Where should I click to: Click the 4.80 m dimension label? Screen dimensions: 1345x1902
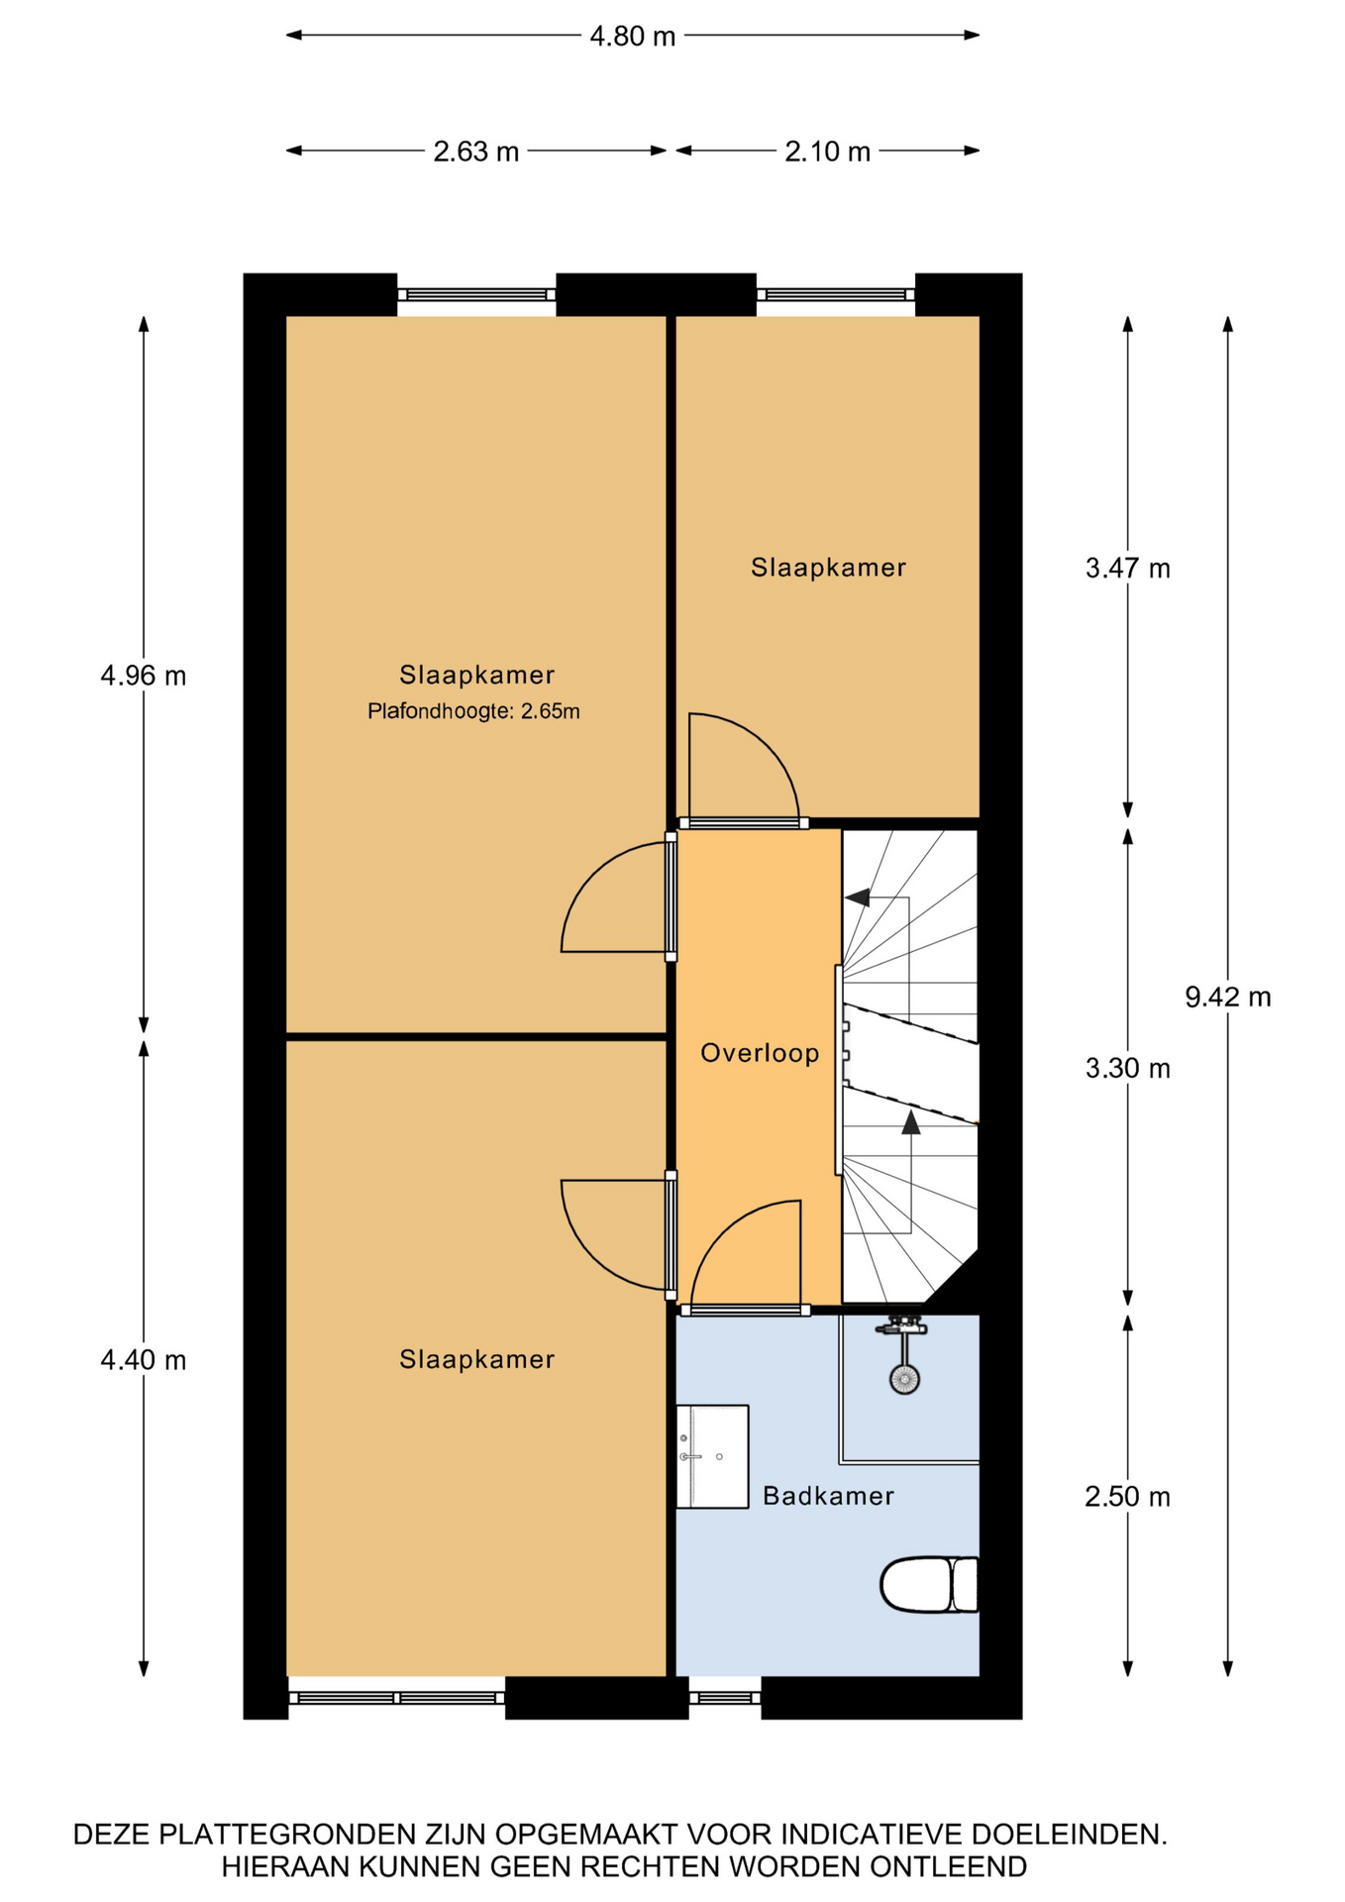(632, 37)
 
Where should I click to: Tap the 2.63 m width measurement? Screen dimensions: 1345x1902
(475, 152)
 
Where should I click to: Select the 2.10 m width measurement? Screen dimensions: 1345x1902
(827, 152)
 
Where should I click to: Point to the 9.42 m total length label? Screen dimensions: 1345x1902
(1227, 997)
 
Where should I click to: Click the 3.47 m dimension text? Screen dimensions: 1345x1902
(1127, 569)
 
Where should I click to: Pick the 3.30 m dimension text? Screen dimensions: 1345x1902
(1127, 1069)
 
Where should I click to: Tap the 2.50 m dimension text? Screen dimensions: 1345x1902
(1127, 1497)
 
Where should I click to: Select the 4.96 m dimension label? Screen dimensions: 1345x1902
(144, 677)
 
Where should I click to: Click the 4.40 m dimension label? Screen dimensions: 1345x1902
(144, 1361)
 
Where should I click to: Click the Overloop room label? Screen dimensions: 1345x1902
(760, 1053)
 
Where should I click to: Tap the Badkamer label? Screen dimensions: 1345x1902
(828, 1496)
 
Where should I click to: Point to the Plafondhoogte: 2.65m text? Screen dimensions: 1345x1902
(473, 711)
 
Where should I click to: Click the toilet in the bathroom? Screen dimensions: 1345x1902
(929, 1585)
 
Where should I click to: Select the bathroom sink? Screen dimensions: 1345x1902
(712, 1456)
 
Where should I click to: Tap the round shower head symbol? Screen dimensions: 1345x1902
(904, 1378)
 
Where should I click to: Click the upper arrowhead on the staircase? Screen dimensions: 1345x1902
(858, 898)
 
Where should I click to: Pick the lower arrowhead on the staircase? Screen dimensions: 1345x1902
(910, 1121)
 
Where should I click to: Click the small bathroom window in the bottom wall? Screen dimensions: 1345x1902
(725, 1697)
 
